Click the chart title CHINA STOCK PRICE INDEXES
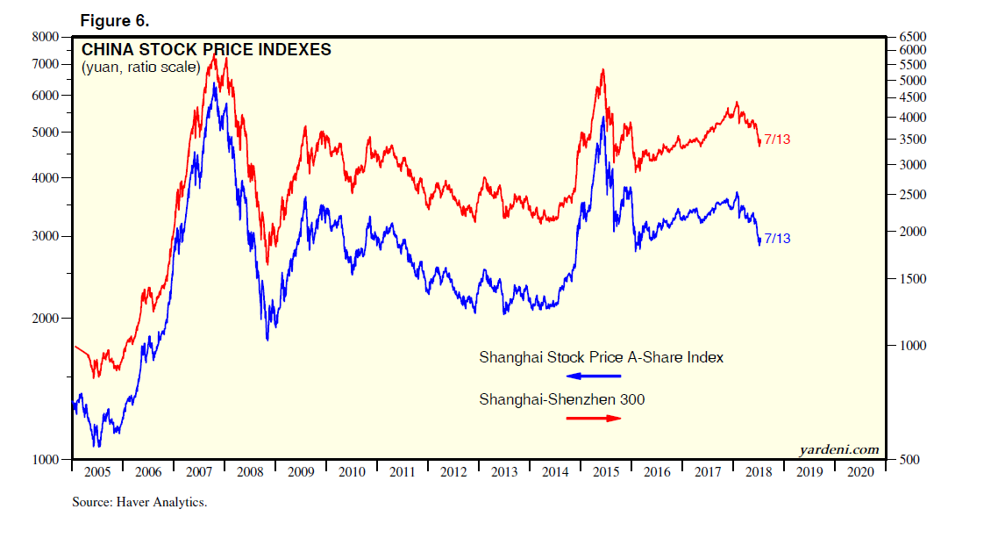(x=206, y=50)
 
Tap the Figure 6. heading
(x=115, y=20)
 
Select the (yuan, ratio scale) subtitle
(x=140, y=68)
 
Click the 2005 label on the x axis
(x=97, y=472)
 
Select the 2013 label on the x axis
(x=504, y=472)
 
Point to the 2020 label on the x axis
(x=860, y=472)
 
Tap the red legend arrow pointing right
(x=594, y=418)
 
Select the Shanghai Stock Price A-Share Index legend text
(x=601, y=358)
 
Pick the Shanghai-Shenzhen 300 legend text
(x=561, y=399)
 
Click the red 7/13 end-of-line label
(x=777, y=140)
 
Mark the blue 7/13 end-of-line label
(x=777, y=239)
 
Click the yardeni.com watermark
(x=838, y=449)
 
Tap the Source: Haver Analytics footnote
(x=139, y=503)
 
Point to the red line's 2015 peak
(x=602, y=69)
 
